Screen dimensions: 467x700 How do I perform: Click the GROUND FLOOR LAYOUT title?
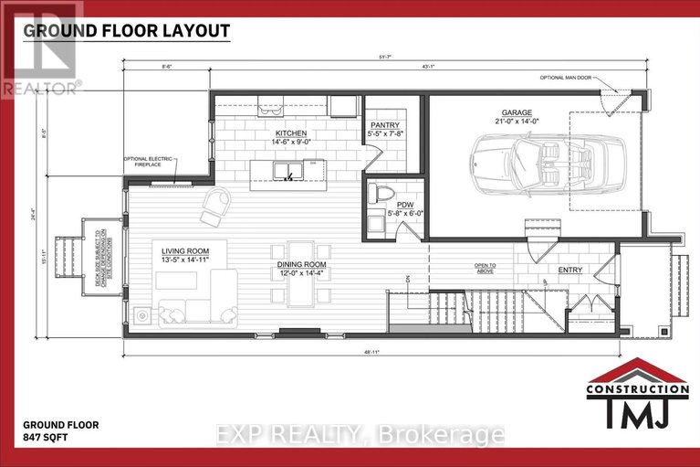point(126,30)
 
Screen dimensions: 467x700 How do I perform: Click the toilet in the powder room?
point(384,195)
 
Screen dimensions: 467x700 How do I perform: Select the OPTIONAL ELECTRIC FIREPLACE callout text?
point(150,165)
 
